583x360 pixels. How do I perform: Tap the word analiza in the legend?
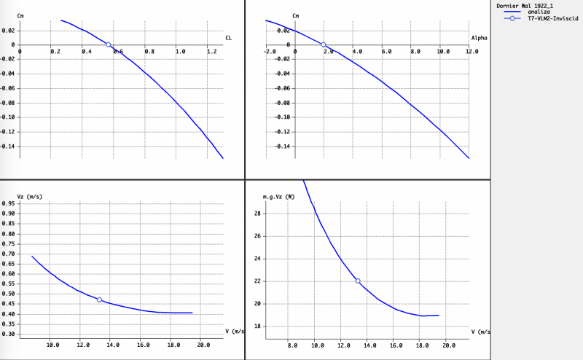(539, 12)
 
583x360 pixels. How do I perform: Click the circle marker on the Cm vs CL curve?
(109, 44)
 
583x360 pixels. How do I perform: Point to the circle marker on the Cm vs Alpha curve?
(324, 44)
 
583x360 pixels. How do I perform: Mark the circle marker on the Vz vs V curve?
(99, 300)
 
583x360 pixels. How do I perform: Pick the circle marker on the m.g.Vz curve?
(358, 281)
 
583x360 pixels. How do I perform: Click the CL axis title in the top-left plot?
(228, 38)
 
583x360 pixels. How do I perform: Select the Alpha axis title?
(479, 38)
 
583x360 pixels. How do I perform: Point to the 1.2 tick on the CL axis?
(211, 52)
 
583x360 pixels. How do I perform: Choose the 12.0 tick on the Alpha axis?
(471, 52)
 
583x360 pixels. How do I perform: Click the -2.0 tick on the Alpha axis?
(270, 52)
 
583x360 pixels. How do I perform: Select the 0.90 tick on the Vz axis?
(8, 213)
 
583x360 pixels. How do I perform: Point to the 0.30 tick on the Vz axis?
(8, 334)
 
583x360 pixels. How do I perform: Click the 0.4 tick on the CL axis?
(86, 52)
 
